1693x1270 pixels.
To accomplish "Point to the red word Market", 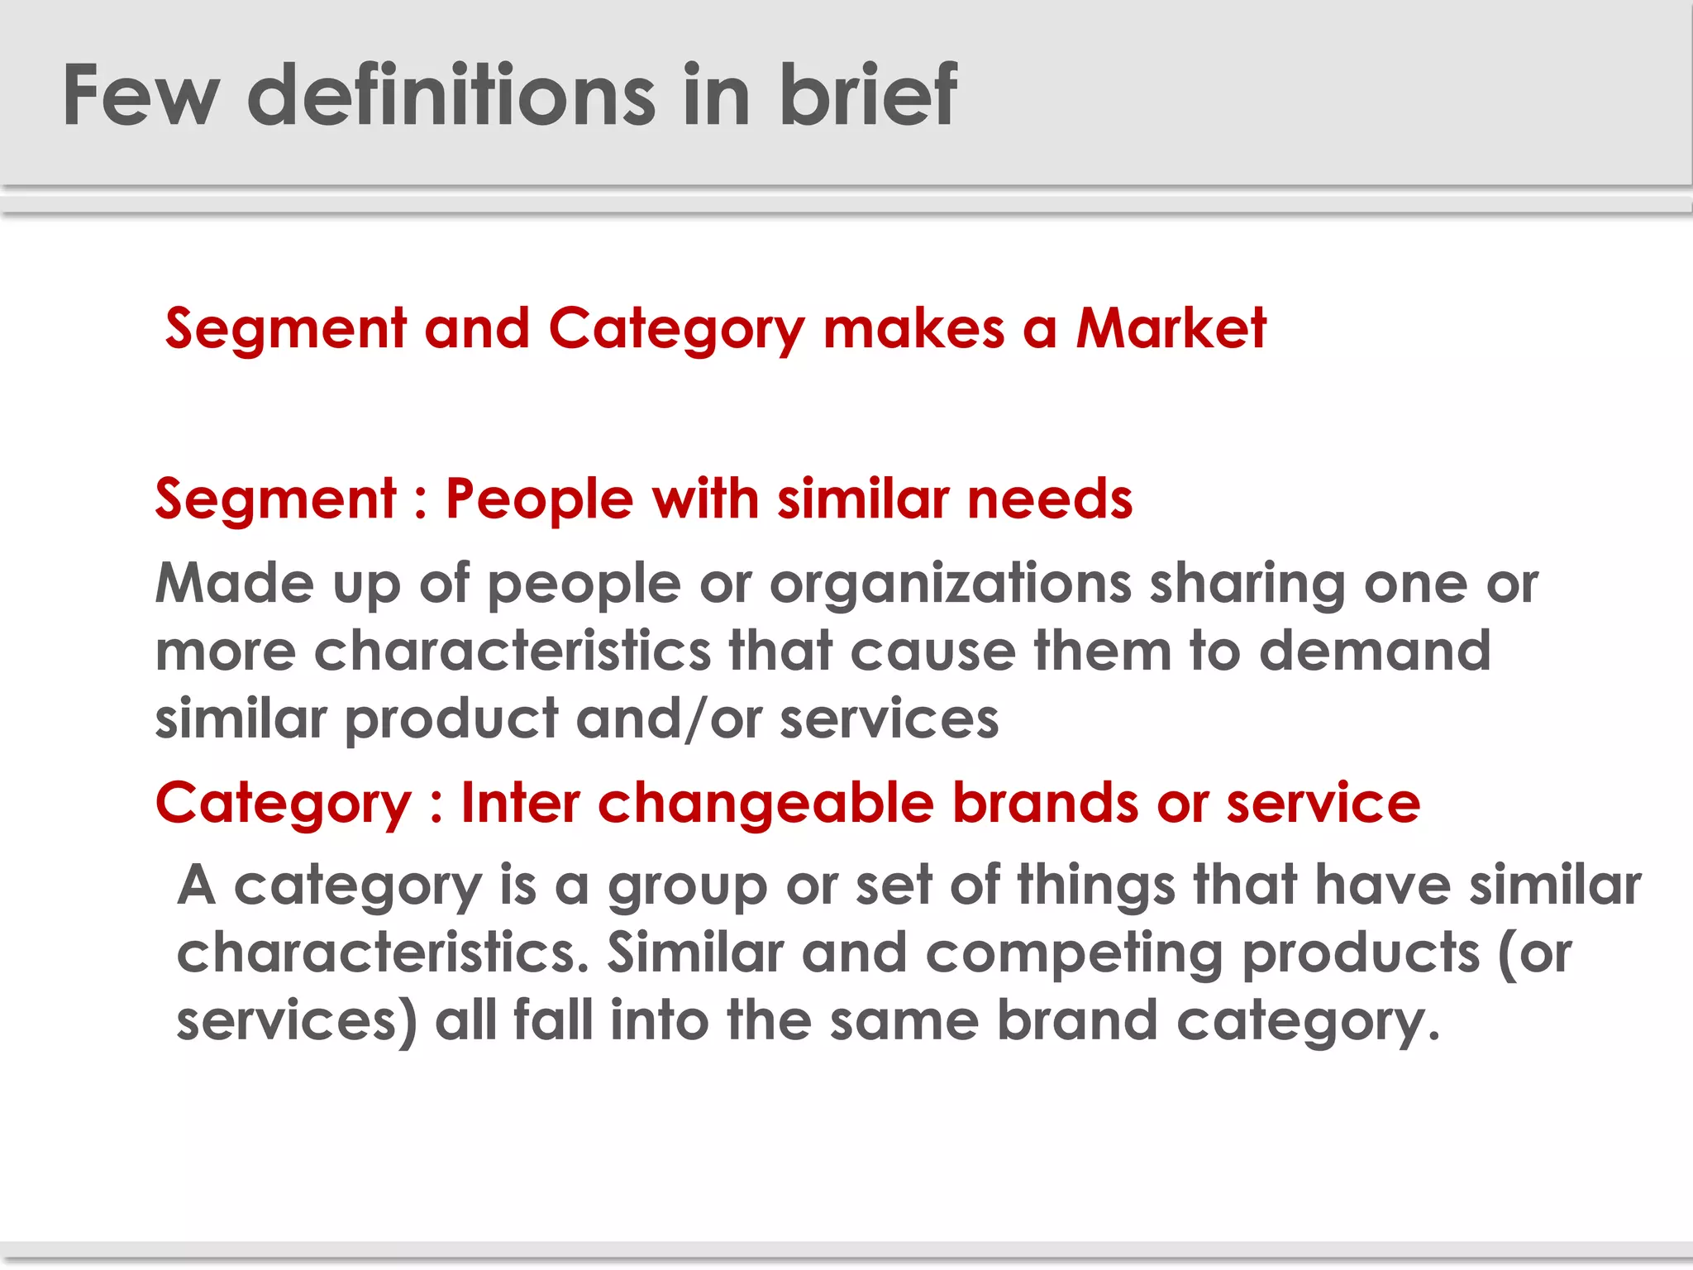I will pos(1171,328).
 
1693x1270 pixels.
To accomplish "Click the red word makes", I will pos(914,328).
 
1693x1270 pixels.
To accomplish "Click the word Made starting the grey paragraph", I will pos(235,583).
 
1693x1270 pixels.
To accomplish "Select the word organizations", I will pos(950,585).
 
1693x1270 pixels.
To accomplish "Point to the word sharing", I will pos(1247,585).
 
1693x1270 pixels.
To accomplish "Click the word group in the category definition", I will pos(688,887).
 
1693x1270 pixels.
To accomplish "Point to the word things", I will pos(1095,886).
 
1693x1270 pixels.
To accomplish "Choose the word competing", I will pos(1074,954).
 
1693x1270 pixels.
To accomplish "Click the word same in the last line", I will pos(904,1021).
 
